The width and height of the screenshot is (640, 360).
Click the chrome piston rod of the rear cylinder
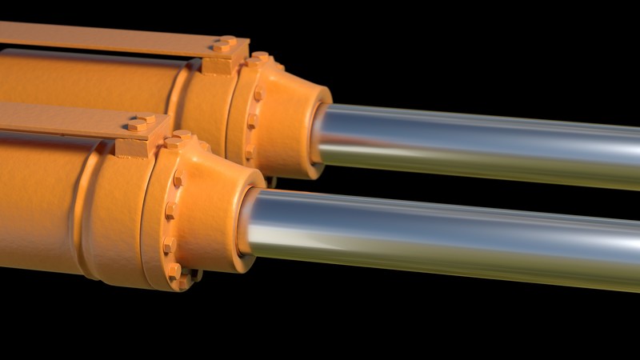coord(480,144)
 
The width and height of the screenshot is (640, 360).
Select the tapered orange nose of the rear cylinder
coord(292,120)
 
